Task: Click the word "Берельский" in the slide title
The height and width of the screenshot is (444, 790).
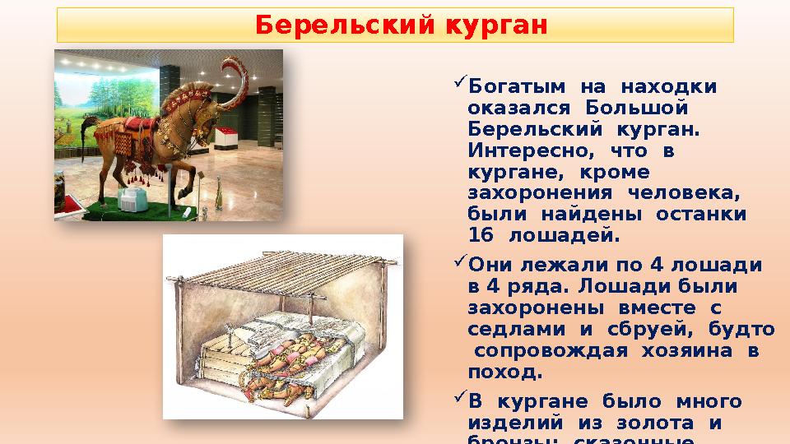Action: click(x=346, y=25)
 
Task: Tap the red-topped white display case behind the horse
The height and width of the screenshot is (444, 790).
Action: click(x=227, y=136)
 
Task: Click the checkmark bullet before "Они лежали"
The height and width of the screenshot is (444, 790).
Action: click(x=459, y=266)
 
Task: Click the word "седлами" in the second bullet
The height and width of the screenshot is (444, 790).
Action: click(x=509, y=330)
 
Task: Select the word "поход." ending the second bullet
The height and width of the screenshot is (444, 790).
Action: click(x=504, y=372)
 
